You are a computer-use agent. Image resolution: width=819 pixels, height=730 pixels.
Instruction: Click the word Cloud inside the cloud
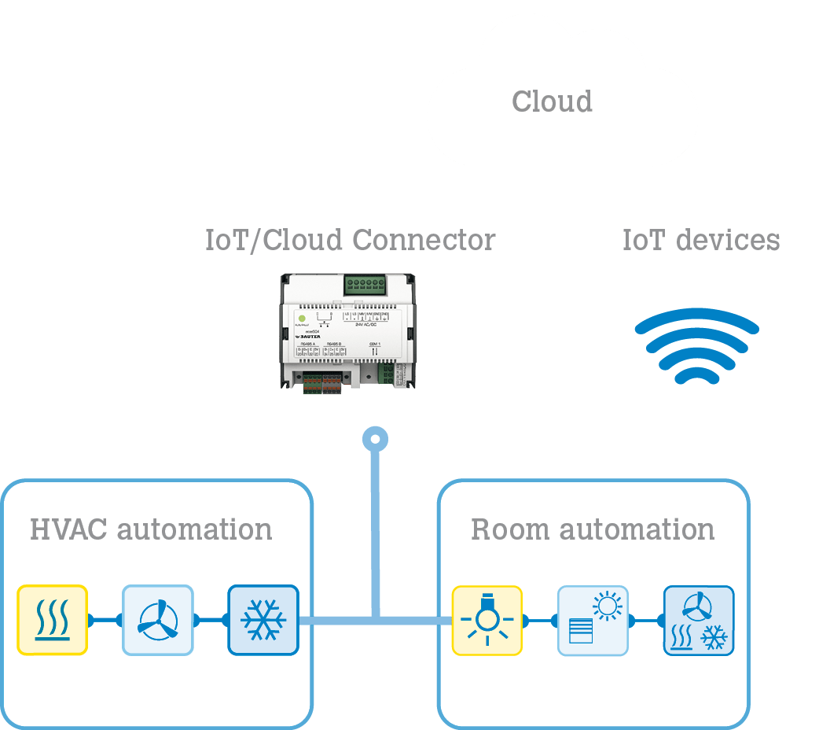pos(552,101)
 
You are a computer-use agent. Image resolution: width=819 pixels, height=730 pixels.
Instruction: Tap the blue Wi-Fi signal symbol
pos(696,347)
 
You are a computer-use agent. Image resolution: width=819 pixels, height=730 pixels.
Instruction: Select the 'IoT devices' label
pos(701,240)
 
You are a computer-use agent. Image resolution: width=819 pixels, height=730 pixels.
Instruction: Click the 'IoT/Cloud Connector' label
pos(350,240)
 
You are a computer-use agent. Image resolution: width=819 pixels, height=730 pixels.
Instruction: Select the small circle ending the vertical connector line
pos(376,438)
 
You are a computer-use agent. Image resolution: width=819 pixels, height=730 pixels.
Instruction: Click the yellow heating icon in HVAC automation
pos(52,620)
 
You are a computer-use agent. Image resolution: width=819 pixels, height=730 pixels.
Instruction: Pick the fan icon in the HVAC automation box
pos(157,620)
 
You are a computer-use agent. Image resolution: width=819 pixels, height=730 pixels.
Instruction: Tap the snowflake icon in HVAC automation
pos(263,620)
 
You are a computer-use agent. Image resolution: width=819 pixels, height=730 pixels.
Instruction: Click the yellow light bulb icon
pos(487,620)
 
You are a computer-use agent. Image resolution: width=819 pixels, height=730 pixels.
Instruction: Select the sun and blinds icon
pos(593,620)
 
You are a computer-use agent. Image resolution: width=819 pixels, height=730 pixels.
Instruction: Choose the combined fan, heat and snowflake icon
pos(699,620)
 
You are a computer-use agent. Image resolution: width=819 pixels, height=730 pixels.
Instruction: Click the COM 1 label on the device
pos(373,344)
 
